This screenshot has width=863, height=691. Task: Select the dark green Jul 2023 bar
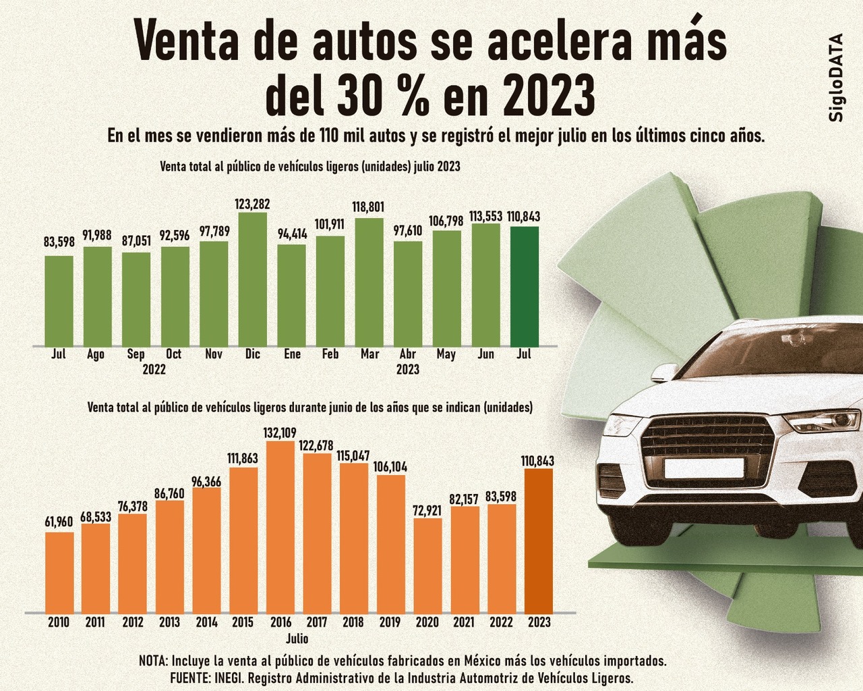click(x=525, y=287)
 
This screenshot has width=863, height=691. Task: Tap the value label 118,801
click(x=369, y=206)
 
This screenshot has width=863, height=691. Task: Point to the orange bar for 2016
click(x=280, y=527)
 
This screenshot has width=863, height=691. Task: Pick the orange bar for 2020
click(x=427, y=565)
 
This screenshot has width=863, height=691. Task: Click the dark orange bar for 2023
click(x=539, y=541)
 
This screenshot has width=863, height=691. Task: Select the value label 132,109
click(x=280, y=433)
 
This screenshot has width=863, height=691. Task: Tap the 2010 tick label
click(x=59, y=622)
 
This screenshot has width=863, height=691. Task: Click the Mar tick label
click(x=369, y=354)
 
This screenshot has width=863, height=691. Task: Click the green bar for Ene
click(x=292, y=296)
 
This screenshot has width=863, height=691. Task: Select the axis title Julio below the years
click(x=297, y=638)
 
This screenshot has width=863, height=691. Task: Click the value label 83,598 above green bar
click(x=59, y=243)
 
